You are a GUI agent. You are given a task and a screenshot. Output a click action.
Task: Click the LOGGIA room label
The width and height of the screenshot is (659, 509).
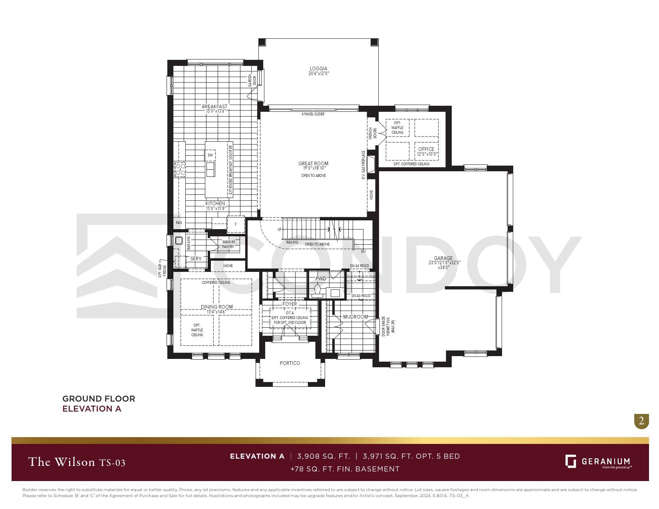pos(318,69)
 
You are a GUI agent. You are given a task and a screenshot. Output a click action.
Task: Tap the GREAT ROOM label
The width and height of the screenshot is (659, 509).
pos(313,163)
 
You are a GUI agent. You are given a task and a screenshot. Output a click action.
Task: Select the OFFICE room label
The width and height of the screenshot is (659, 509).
pos(426,149)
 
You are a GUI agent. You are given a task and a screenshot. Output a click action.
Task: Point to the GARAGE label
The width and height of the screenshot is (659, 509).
pos(443,258)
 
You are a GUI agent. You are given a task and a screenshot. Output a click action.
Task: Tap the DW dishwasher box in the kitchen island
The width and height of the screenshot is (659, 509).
pos(210,155)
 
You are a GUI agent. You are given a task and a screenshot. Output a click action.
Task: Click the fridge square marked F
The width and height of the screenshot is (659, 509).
pos(236,224)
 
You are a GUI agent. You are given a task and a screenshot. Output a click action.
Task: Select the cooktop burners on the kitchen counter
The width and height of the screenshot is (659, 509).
pos(180,169)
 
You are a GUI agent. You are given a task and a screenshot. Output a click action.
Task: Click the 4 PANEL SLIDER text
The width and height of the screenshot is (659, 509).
pos(313,114)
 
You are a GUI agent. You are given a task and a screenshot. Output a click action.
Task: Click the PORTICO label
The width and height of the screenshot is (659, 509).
pos(290,363)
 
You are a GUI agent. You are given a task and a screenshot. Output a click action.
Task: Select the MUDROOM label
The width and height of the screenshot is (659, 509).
pos(355,317)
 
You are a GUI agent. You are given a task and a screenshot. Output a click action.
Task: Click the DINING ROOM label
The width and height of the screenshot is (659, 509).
pos(216,307)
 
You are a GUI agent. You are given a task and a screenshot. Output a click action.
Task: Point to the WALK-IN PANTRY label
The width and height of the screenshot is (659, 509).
pos(228,244)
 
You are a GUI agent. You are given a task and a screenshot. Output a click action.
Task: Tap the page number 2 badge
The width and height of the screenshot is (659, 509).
pos(641,421)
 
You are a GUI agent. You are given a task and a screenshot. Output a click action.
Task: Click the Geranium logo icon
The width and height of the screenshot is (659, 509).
pos(571,461)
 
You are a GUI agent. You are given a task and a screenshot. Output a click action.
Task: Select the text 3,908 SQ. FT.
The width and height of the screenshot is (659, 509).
pos(324,456)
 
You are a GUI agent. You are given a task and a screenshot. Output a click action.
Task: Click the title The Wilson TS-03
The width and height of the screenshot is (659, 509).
pos(77,462)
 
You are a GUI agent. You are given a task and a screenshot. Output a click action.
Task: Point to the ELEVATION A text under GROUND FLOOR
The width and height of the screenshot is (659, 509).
pos(92,409)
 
